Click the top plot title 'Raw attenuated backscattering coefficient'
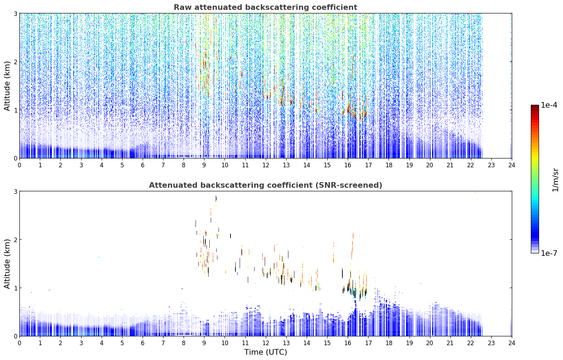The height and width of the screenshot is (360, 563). click(265, 7)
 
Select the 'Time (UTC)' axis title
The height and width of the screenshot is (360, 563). click(265, 352)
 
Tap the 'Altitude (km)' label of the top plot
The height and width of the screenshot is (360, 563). click(7, 86)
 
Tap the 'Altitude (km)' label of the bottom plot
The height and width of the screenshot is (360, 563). click(7, 264)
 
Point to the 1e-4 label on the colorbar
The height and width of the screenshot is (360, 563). click(549, 105)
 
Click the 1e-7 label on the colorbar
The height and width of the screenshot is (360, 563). click(549, 253)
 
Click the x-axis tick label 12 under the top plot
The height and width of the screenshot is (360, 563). click(266, 165)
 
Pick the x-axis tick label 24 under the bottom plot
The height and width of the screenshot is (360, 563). click(512, 343)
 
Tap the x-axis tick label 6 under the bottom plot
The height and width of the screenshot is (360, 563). click(143, 343)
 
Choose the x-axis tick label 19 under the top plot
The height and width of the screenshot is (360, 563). click(409, 165)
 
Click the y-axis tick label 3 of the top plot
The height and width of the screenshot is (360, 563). click(15, 13)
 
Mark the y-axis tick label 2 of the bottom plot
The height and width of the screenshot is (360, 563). click(15, 240)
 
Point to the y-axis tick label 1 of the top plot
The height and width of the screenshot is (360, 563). click(15, 110)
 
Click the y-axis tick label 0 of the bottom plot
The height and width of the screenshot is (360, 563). click(15, 336)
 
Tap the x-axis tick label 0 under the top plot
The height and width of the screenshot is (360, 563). click(20, 165)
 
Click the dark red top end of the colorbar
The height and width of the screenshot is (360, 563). click(535, 106)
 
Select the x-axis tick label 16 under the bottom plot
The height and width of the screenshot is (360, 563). click(348, 343)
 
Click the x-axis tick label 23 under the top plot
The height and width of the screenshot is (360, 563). click(491, 165)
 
